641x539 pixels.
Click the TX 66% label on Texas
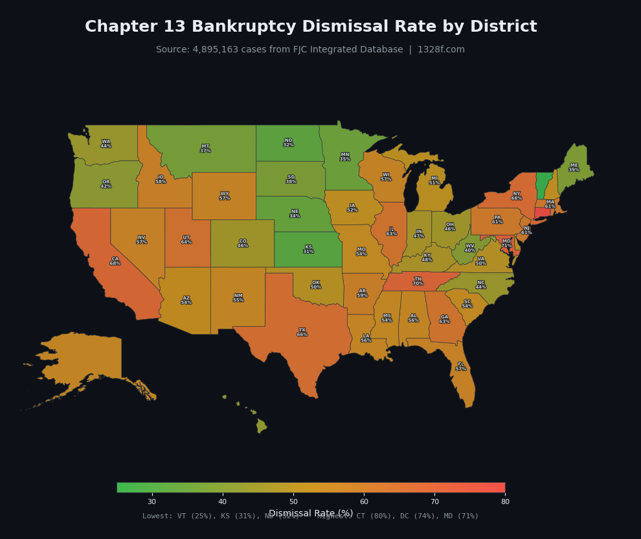302,332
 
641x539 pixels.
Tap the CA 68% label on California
115,261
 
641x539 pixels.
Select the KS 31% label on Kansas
308,249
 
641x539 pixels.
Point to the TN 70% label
418,281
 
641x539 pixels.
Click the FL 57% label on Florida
460,366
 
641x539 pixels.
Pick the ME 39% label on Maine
574,168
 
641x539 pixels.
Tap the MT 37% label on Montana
205,148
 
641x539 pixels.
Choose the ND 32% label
288,142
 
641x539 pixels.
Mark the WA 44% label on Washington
106,144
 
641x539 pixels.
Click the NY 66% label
516,195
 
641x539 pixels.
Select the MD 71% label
506,243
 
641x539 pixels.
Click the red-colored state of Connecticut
541,213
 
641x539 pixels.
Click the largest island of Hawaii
261,426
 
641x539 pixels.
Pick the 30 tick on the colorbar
152,501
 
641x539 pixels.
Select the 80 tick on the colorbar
504,501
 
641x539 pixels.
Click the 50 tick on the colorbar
293,501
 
